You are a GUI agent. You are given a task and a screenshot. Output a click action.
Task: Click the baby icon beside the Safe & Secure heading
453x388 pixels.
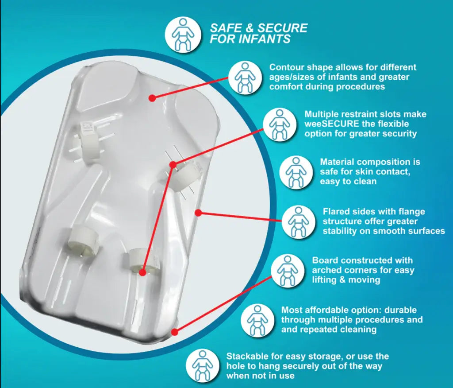(183, 35)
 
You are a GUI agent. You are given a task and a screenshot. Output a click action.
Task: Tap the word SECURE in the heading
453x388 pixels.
(282, 28)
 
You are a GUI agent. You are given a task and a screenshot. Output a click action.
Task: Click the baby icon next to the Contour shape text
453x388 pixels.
(245, 78)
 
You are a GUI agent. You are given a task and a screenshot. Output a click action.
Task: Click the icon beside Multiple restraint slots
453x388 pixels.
(280, 125)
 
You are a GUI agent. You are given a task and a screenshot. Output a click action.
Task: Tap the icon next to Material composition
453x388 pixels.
(296, 173)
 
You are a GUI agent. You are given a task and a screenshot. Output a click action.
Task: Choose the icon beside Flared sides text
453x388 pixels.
(299, 222)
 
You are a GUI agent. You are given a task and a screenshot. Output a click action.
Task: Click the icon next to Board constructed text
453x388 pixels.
(288, 271)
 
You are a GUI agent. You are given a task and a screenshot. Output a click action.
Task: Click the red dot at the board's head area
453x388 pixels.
(153, 98)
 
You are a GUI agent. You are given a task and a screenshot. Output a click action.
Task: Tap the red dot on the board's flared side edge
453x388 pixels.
(198, 213)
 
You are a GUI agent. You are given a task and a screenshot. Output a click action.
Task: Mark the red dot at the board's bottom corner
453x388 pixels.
(174, 332)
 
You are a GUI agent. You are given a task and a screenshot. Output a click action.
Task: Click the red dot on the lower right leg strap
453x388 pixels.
(142, 272)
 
